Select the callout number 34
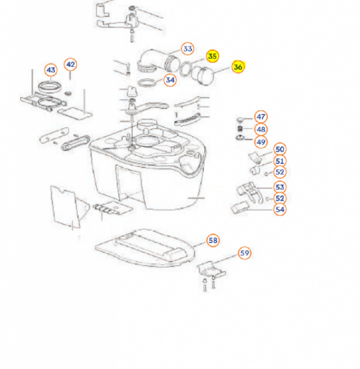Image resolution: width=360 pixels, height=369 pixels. click(x=170, y=79)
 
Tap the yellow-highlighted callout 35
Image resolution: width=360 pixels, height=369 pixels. click(x=212, y=56)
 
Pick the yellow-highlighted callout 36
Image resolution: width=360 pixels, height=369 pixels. click(x=238, y=67)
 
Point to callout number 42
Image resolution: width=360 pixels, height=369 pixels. click(x=70, y=64)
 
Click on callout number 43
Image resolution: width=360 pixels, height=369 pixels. click(x=51, y=69)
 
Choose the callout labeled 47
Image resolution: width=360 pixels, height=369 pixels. click(x=260, y=116)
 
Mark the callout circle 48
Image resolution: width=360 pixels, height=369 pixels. click(x=260, y=129)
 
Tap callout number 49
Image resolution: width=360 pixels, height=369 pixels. click(x=260, y=142)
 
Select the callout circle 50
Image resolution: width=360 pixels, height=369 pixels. click(x=279, y=148)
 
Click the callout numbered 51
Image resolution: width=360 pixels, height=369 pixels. click(x=279, y=160)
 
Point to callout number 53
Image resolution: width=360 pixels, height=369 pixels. click(x=279, y=187)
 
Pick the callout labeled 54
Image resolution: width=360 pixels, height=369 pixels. click(x=279, y=209)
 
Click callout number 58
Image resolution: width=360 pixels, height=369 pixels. click(x=213, y=240)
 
